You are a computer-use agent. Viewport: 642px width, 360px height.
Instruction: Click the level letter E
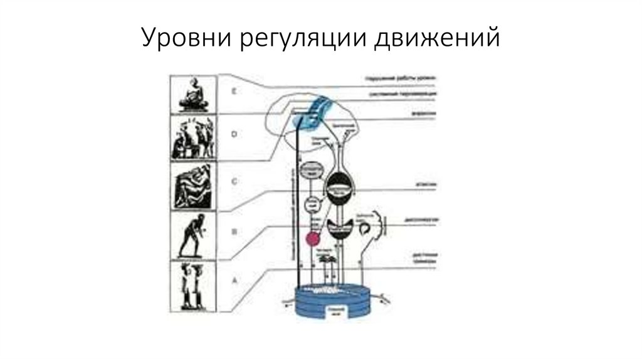(233, 92)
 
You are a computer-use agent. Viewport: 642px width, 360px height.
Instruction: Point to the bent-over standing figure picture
(193, 236)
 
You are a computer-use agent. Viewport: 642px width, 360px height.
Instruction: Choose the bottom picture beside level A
(193, 285)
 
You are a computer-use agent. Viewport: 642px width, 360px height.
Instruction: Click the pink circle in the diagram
(312, 238)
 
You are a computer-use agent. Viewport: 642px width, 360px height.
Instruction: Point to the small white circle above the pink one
(312, 204)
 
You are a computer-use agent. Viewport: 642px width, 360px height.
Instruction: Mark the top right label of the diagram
(401, 79)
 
